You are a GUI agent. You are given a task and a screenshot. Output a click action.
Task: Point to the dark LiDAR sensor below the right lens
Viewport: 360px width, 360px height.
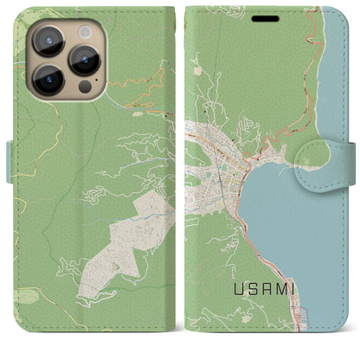pos(85,87)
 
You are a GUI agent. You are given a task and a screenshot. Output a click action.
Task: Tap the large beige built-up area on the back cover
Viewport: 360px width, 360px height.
pos(121,247)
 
